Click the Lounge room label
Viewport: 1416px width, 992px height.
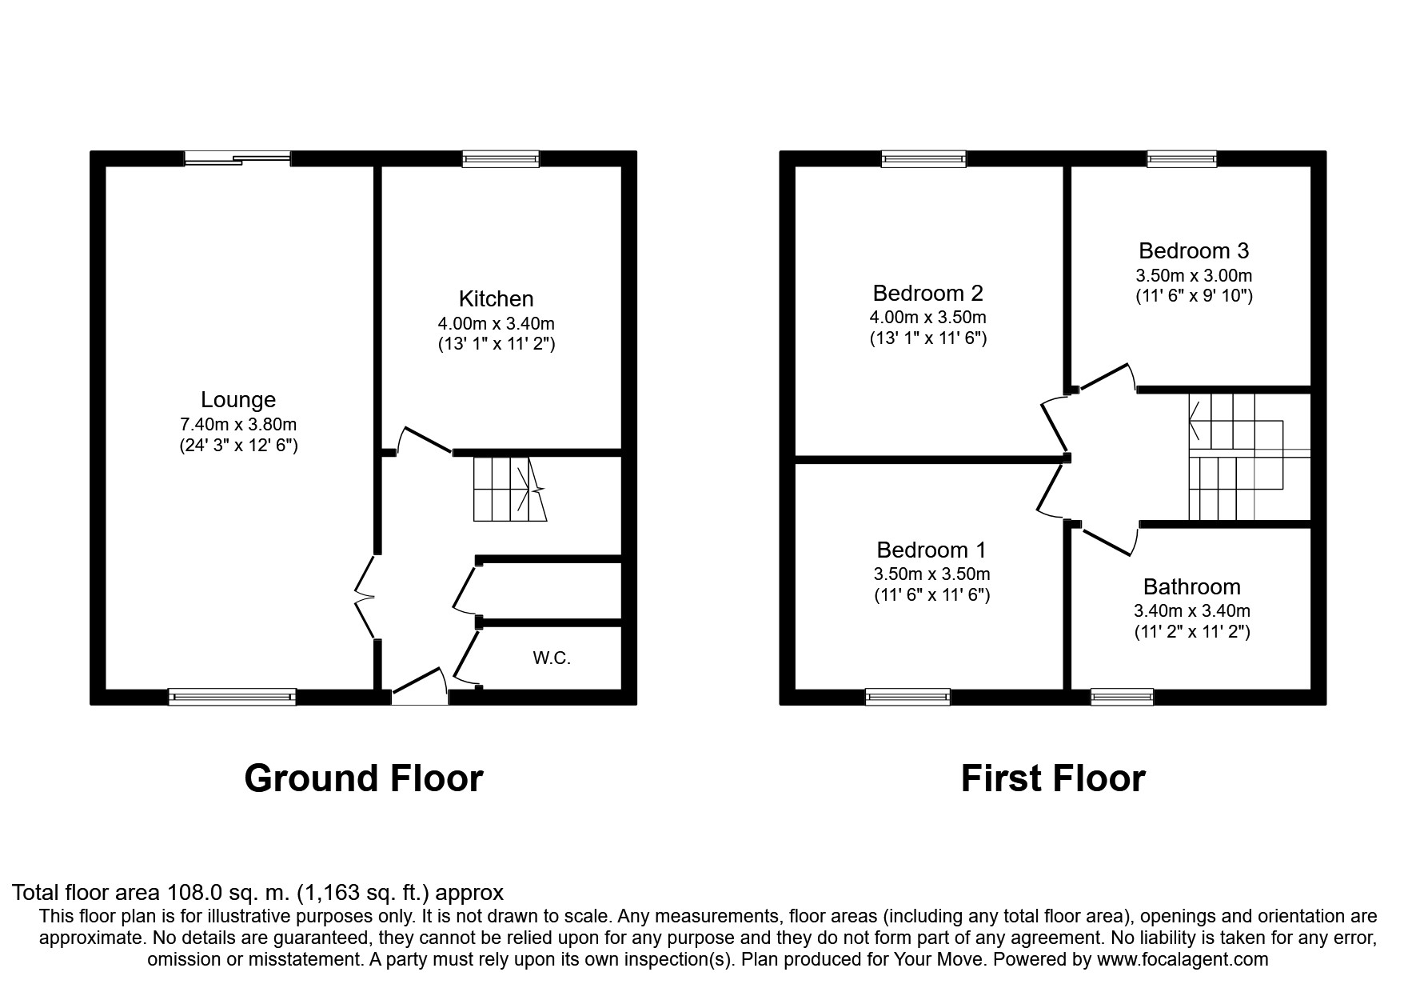(x=238, y=400)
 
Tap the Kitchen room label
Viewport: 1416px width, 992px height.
(x=496, y=299)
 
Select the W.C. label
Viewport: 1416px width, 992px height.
(x=552, y=658)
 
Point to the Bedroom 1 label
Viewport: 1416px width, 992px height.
(x=931, y=550)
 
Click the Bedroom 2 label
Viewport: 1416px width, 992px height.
(x=927, y=293)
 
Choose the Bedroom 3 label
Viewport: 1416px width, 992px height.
(x=1194, y=251)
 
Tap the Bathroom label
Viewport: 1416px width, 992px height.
(x=1191, y=587)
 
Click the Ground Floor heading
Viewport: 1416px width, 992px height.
(x=363, y=778)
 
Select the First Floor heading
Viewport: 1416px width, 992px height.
(x=1052, y=778)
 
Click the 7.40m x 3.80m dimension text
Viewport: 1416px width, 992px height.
(x=238, y=425)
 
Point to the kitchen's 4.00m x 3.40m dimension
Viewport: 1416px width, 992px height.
(x=496, y=324)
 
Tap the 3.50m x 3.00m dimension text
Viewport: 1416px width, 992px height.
(x=1194, y=276)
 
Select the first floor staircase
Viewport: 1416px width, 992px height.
(x=1235, y=457)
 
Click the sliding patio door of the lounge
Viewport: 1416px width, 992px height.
(x=237, y=158)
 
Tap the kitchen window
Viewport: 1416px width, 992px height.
(x=501, y=158)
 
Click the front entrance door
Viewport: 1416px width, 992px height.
(x=419, y=690)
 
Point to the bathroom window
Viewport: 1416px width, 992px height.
(x=1123, y=697)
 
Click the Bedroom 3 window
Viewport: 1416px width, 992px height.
(x=1182, y=158)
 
